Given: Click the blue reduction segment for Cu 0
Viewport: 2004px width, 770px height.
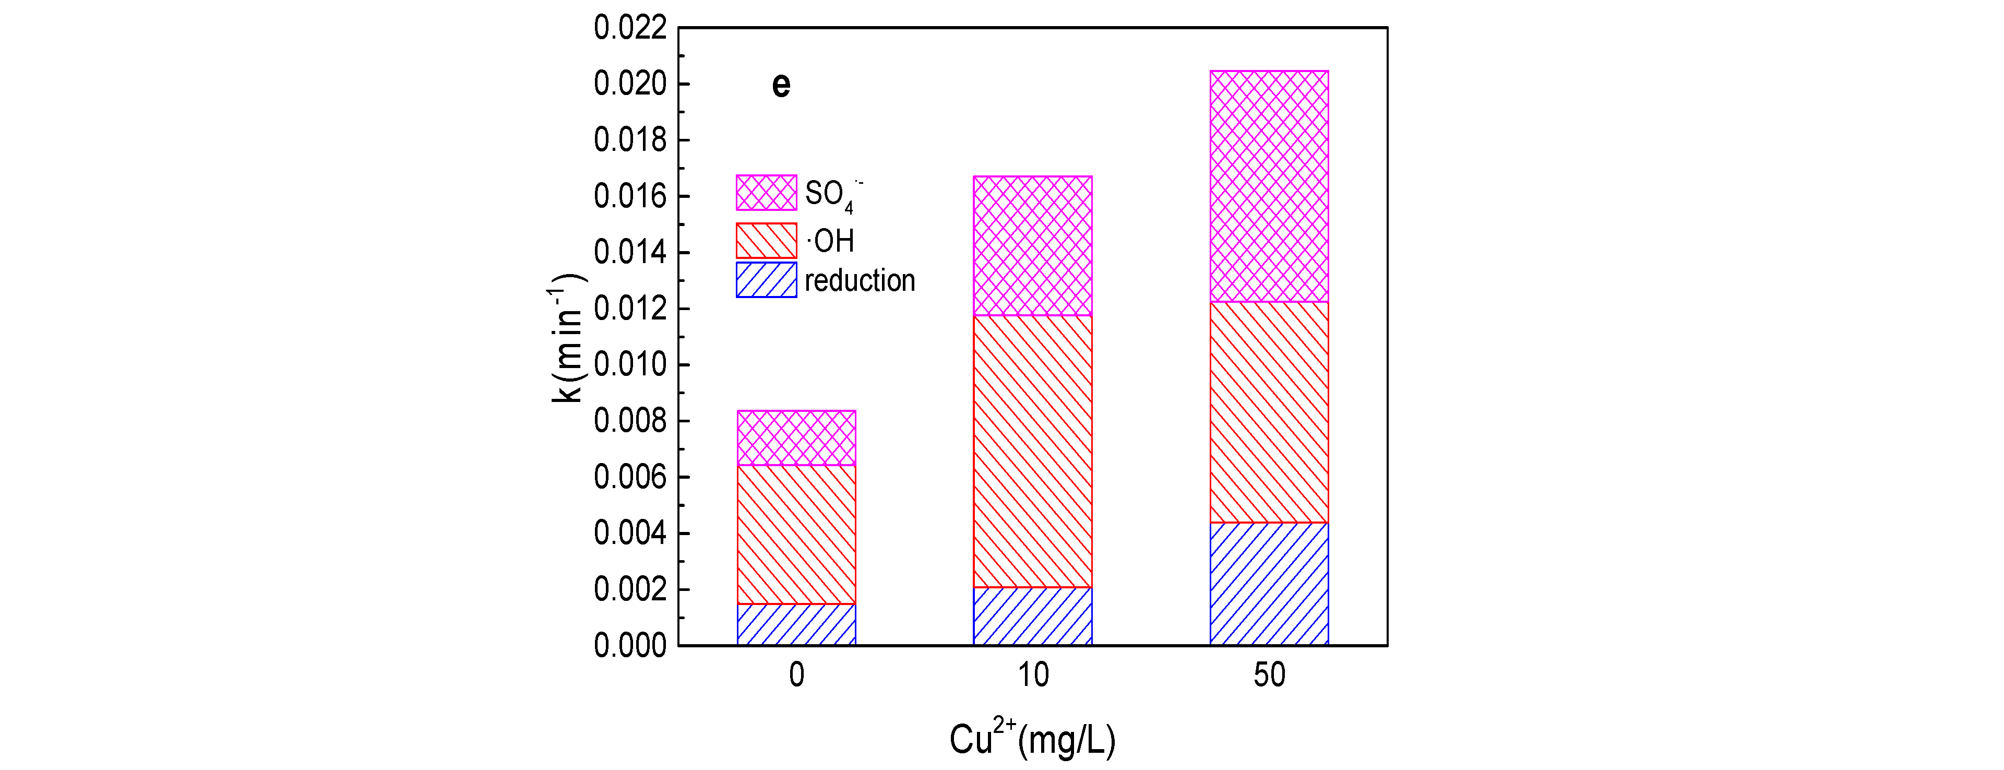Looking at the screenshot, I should click(x=796, y=624).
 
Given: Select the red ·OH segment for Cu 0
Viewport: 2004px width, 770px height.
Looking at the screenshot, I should click(x=796, y=534).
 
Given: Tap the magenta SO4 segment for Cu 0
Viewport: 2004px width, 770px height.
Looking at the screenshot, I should click(x=796, y=437).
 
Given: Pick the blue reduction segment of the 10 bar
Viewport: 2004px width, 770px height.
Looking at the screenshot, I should click(x=1032, y=616).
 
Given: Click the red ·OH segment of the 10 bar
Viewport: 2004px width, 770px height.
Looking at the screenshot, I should click(x=1032, y=451).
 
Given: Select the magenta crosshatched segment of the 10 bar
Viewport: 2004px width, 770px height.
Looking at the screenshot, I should click(x=1032, y=246).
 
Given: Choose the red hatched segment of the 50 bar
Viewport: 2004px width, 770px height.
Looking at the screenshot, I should click(x=1269, y=412).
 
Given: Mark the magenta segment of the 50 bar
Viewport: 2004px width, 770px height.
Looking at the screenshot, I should click(x=1269, y=186).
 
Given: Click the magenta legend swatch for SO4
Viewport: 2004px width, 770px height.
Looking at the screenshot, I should click(x=766, y=192).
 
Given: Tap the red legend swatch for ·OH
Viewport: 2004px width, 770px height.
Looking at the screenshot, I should click(x=766, y=241).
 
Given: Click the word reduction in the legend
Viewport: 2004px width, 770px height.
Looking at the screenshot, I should click(x=860, y=280).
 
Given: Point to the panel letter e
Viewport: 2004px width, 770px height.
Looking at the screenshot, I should click(x=781, y=84).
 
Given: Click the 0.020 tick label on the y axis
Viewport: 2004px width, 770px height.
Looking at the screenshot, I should click(x=630, y=84).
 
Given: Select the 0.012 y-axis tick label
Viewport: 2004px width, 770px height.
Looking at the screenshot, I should click(x=630, y=309).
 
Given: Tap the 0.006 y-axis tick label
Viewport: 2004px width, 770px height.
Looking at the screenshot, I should click(x=630, y=477).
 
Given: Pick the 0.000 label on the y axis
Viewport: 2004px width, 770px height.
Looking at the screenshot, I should click(x=630, y=645).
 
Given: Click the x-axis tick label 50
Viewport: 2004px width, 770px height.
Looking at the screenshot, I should click(x=1269, y=675).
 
